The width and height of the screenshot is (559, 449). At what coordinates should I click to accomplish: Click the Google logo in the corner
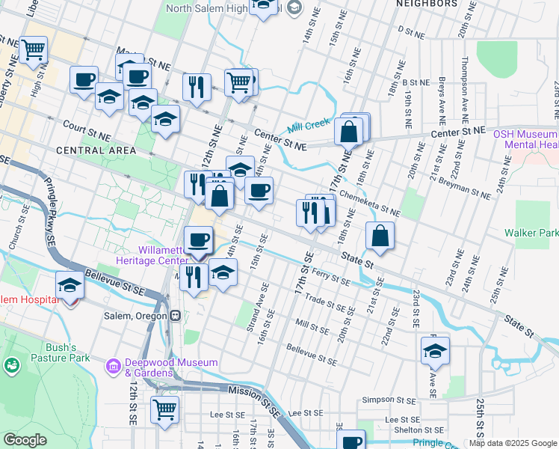(x=25, y=440)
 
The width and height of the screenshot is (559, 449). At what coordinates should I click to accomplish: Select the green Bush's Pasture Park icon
(x=11, y=366)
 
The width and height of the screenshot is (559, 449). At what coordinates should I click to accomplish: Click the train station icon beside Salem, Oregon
(x=174, y=316)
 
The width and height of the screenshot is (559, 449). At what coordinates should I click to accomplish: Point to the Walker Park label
(x=531, y=233)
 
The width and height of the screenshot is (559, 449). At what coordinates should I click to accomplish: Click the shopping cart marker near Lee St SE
(x=164, y=409)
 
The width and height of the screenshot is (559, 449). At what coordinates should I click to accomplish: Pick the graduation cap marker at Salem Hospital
(x=70, y=286)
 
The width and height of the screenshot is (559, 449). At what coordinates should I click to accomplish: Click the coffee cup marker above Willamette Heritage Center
(x=198, y=239)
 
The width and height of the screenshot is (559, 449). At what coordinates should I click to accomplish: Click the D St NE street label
(x=410, y=31)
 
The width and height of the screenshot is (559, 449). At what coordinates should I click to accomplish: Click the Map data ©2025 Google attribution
(x=513, y=443)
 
